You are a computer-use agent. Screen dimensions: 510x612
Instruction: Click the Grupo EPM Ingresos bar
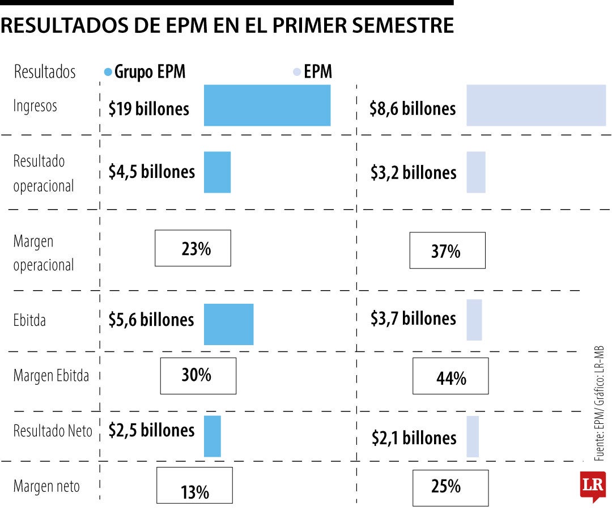(267, 105)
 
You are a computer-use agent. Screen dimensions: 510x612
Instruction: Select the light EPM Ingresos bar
(535, 105)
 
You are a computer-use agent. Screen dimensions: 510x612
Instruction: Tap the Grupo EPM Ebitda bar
(228, 324)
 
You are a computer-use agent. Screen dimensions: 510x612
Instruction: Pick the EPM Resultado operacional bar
(476, 172)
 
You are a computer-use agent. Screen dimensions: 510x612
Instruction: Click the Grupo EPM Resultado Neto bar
(212, 436)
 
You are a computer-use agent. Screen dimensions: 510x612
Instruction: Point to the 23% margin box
(193, 248)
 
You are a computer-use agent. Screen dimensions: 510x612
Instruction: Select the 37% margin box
(447, 250)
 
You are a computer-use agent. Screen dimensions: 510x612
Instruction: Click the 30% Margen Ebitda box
(198, 375)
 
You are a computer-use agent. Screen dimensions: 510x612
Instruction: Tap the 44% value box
(450, 376)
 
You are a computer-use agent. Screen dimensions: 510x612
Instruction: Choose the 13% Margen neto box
(194, 486)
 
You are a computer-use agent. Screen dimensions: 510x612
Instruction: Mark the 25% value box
(450, 487)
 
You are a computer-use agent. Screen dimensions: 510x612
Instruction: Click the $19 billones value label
(149, 108)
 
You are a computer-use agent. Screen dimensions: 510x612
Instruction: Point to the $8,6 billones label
(413, 108)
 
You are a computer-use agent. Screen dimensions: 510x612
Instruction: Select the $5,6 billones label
(151, 320)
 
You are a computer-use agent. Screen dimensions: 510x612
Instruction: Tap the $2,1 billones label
(414, 437)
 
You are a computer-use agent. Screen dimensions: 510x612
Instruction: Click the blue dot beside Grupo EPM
(108, 73)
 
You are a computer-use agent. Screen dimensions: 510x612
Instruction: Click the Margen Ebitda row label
(51, 376)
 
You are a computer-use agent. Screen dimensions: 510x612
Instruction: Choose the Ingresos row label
(35, 106)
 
